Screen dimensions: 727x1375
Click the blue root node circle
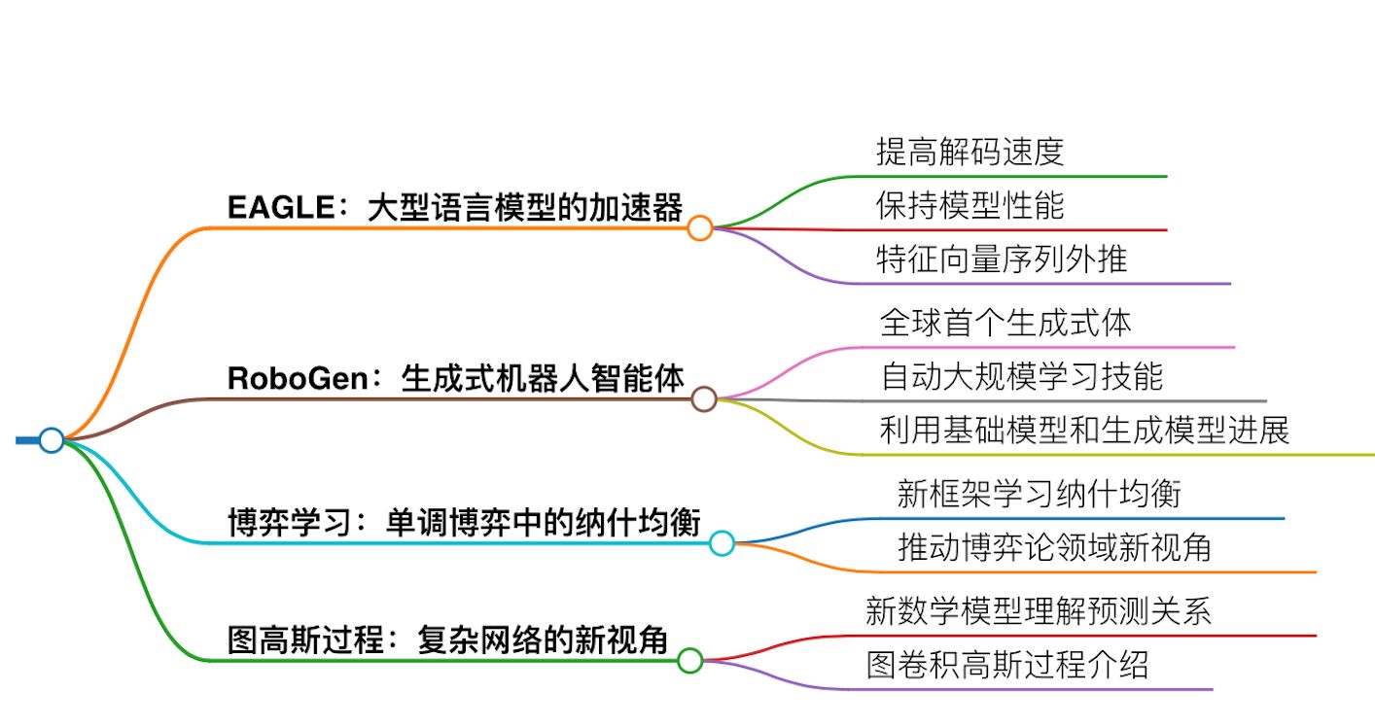tap(51, 440)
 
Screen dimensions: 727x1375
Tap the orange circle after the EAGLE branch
tap(699, 228)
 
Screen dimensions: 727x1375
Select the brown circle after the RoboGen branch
tap(704, 398)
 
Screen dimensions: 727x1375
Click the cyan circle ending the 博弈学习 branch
tap(721, 542)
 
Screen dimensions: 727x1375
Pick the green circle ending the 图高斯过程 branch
tap(689, 661)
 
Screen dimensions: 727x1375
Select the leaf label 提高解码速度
tap(970, 152)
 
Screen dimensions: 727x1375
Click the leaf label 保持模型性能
tap(970, 205)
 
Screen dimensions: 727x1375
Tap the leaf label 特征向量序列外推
tap(1002, 260)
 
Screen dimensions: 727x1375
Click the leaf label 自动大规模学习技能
tap(1022, 376)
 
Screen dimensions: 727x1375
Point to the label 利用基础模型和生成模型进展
tap(1084, 431)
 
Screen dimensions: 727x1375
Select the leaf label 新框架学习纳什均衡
tap(1040, 495)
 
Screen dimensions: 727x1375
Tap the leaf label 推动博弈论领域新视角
tap(1054, 548)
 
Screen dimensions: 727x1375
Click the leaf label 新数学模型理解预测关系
tap(1038, 612)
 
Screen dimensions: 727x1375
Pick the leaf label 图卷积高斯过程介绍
tap(1007, 666)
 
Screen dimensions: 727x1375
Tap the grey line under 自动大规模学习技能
tap(1070, 400)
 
